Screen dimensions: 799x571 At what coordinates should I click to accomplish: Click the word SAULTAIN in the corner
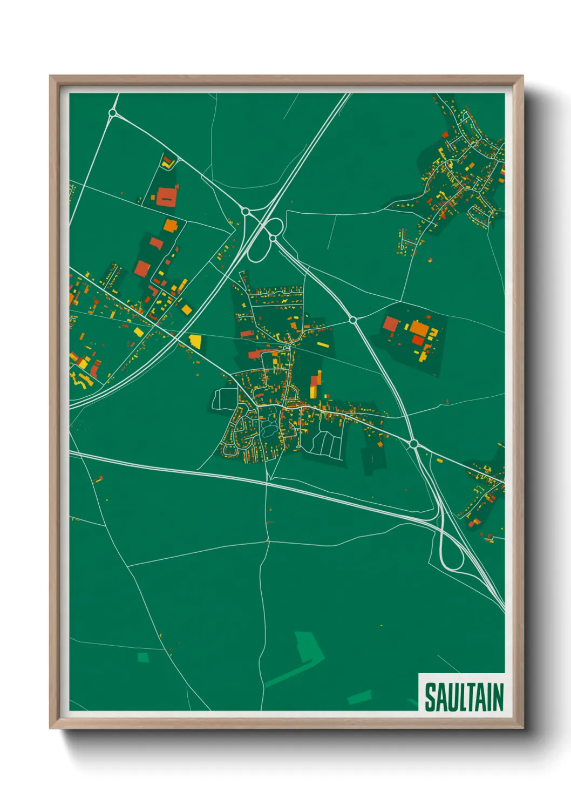(x=463, y=697)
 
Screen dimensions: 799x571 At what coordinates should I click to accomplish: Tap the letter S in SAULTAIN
(x=430, y=697)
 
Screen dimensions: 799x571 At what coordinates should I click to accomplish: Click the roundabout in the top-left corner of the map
(x=113, y=113)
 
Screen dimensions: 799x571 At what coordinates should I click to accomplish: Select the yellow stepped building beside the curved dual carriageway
(x=195, y=341)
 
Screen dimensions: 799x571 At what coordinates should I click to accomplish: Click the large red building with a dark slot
(x=167, y=196)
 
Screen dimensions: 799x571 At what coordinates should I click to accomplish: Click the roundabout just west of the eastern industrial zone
(x=353, y=320)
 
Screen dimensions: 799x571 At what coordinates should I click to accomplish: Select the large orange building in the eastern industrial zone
(x=418, y=328)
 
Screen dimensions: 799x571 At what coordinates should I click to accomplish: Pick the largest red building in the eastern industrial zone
(x=390, y=324)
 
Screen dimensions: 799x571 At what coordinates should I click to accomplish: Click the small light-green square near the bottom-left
(x=142, y=657)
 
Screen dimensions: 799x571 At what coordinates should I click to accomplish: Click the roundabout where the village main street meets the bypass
(x=413, y=444)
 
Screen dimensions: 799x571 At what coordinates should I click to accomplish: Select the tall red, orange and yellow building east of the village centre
(x=315, y=384)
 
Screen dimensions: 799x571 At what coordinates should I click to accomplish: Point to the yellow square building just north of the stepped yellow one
(x=186, y=309)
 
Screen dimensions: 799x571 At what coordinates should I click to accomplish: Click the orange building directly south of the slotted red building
(x=170, y=225)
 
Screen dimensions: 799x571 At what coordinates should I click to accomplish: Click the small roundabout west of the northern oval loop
(x=246, y=211)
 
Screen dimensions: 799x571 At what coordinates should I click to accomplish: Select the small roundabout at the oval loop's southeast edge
(x=273, y=238)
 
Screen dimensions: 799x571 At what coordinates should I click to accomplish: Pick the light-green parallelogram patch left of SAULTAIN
(x=359, y=697)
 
